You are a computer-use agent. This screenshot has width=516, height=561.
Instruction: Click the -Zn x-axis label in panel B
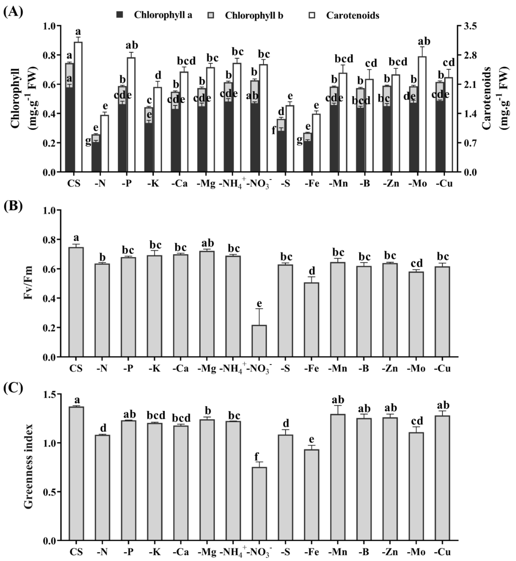390,368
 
